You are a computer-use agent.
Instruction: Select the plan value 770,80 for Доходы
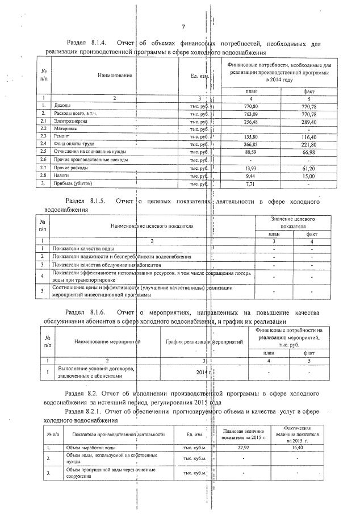click(250, 106)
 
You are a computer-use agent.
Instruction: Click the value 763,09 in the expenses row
click(250, 114)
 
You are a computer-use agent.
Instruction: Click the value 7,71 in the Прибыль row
click(250, 184)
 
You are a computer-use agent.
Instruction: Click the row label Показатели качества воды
click(83, 249)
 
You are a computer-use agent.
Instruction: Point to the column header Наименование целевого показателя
click(152, 225)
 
